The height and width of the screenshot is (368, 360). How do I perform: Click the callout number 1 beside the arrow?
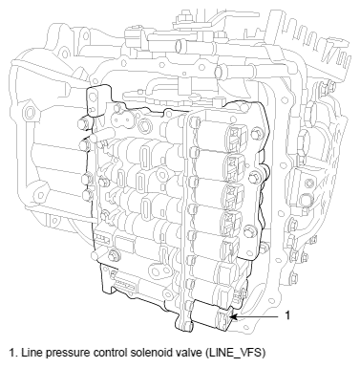point(287,315)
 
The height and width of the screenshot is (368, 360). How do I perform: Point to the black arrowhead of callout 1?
point(233,317)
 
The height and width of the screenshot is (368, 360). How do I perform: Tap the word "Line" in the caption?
point(30,353)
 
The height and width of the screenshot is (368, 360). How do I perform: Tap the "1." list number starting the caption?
point(13,353)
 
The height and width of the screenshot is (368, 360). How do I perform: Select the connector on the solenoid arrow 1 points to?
point(223,318)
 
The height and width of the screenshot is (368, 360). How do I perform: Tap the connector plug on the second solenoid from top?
point(235,165)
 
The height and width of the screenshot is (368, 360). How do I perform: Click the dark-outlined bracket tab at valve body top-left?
point(98,98)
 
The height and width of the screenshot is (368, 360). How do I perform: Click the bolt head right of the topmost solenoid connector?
point(255,135)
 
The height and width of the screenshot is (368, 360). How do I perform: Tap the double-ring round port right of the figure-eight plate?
point(146,124)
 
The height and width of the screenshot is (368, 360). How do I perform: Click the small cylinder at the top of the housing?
point(183,46)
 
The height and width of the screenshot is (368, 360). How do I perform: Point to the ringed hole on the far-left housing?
point(31,112)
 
